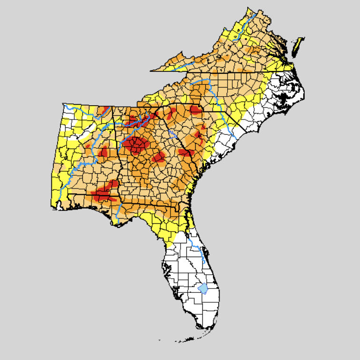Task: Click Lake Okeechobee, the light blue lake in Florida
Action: click(203, 289)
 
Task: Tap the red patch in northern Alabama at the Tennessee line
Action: click(102, 111)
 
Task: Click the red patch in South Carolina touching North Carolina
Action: click(196, 110)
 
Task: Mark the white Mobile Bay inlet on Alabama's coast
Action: click(60, 205)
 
